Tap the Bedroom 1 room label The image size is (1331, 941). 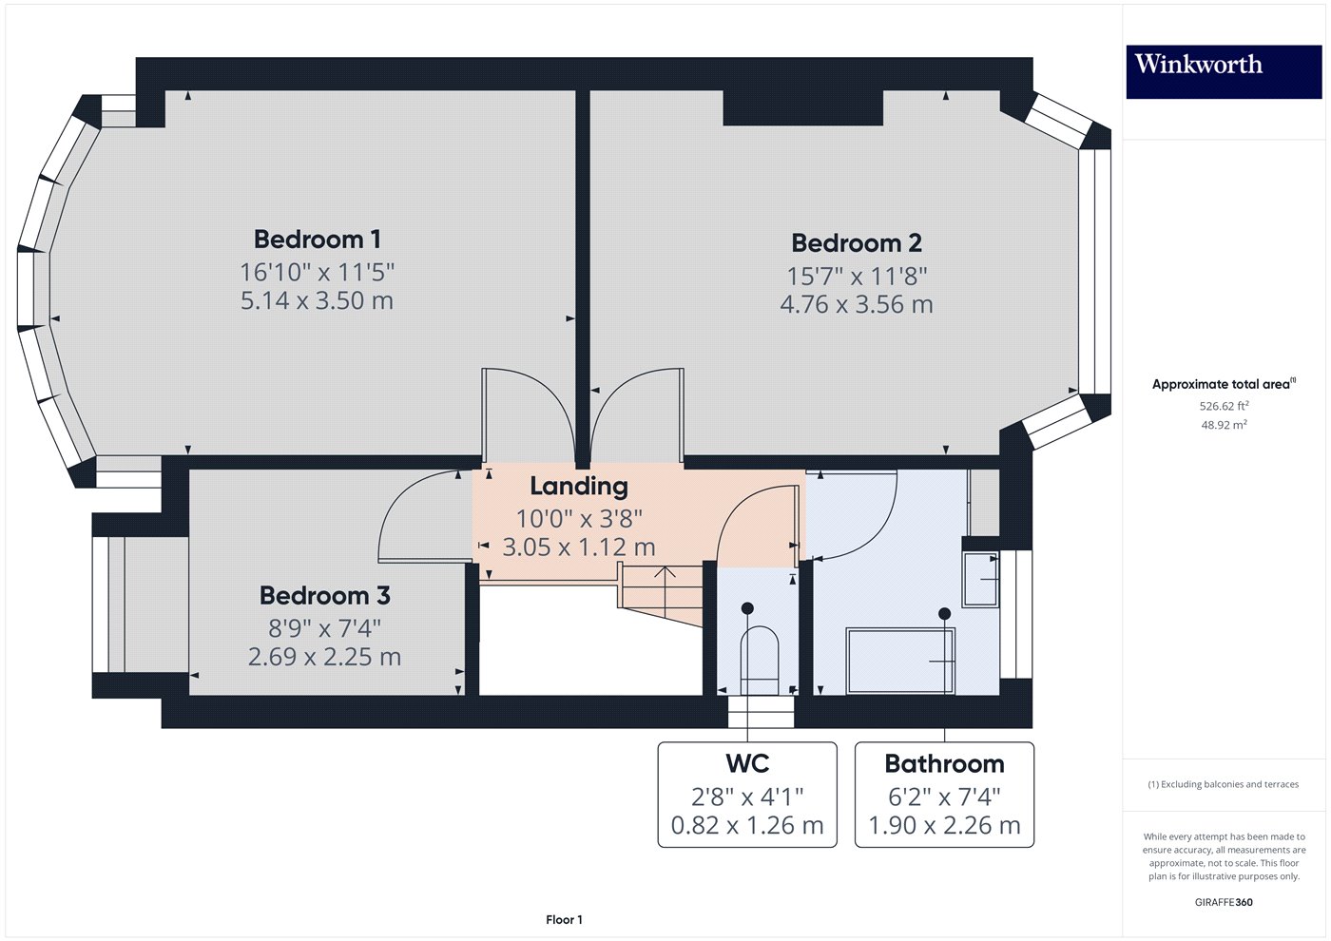[x=317, y=240]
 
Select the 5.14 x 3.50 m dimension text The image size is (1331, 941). [x=317, y=301]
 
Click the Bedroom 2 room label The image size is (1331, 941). [x=856, y=243]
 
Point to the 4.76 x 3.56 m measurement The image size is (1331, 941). [x=856, y=305]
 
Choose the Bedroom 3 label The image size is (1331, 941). [x=324, y=596]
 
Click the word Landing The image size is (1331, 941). [x=578, y=487]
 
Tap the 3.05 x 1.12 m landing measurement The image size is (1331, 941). [x=578, y=547]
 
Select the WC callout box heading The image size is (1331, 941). [x=747, y=764]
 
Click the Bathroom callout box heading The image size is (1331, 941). [x=943, y=764]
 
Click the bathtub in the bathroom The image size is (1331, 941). [x=899, y=660]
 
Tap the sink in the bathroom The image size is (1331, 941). [x=981, y=579]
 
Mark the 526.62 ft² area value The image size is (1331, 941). [x=1224, y=406]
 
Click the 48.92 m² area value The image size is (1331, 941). [x=1224, y=425]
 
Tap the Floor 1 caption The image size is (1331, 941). [x=564, y=919]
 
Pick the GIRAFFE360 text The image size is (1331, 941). [x=1223, y=902]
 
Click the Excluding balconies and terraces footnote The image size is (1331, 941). [x=1223, y=784]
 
